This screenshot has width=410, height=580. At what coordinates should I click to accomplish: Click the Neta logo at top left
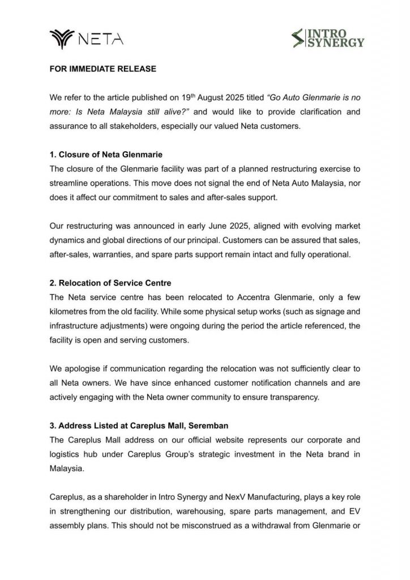pos(85,39)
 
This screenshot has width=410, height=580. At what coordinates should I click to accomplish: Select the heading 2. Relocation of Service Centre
pos(107,284)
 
